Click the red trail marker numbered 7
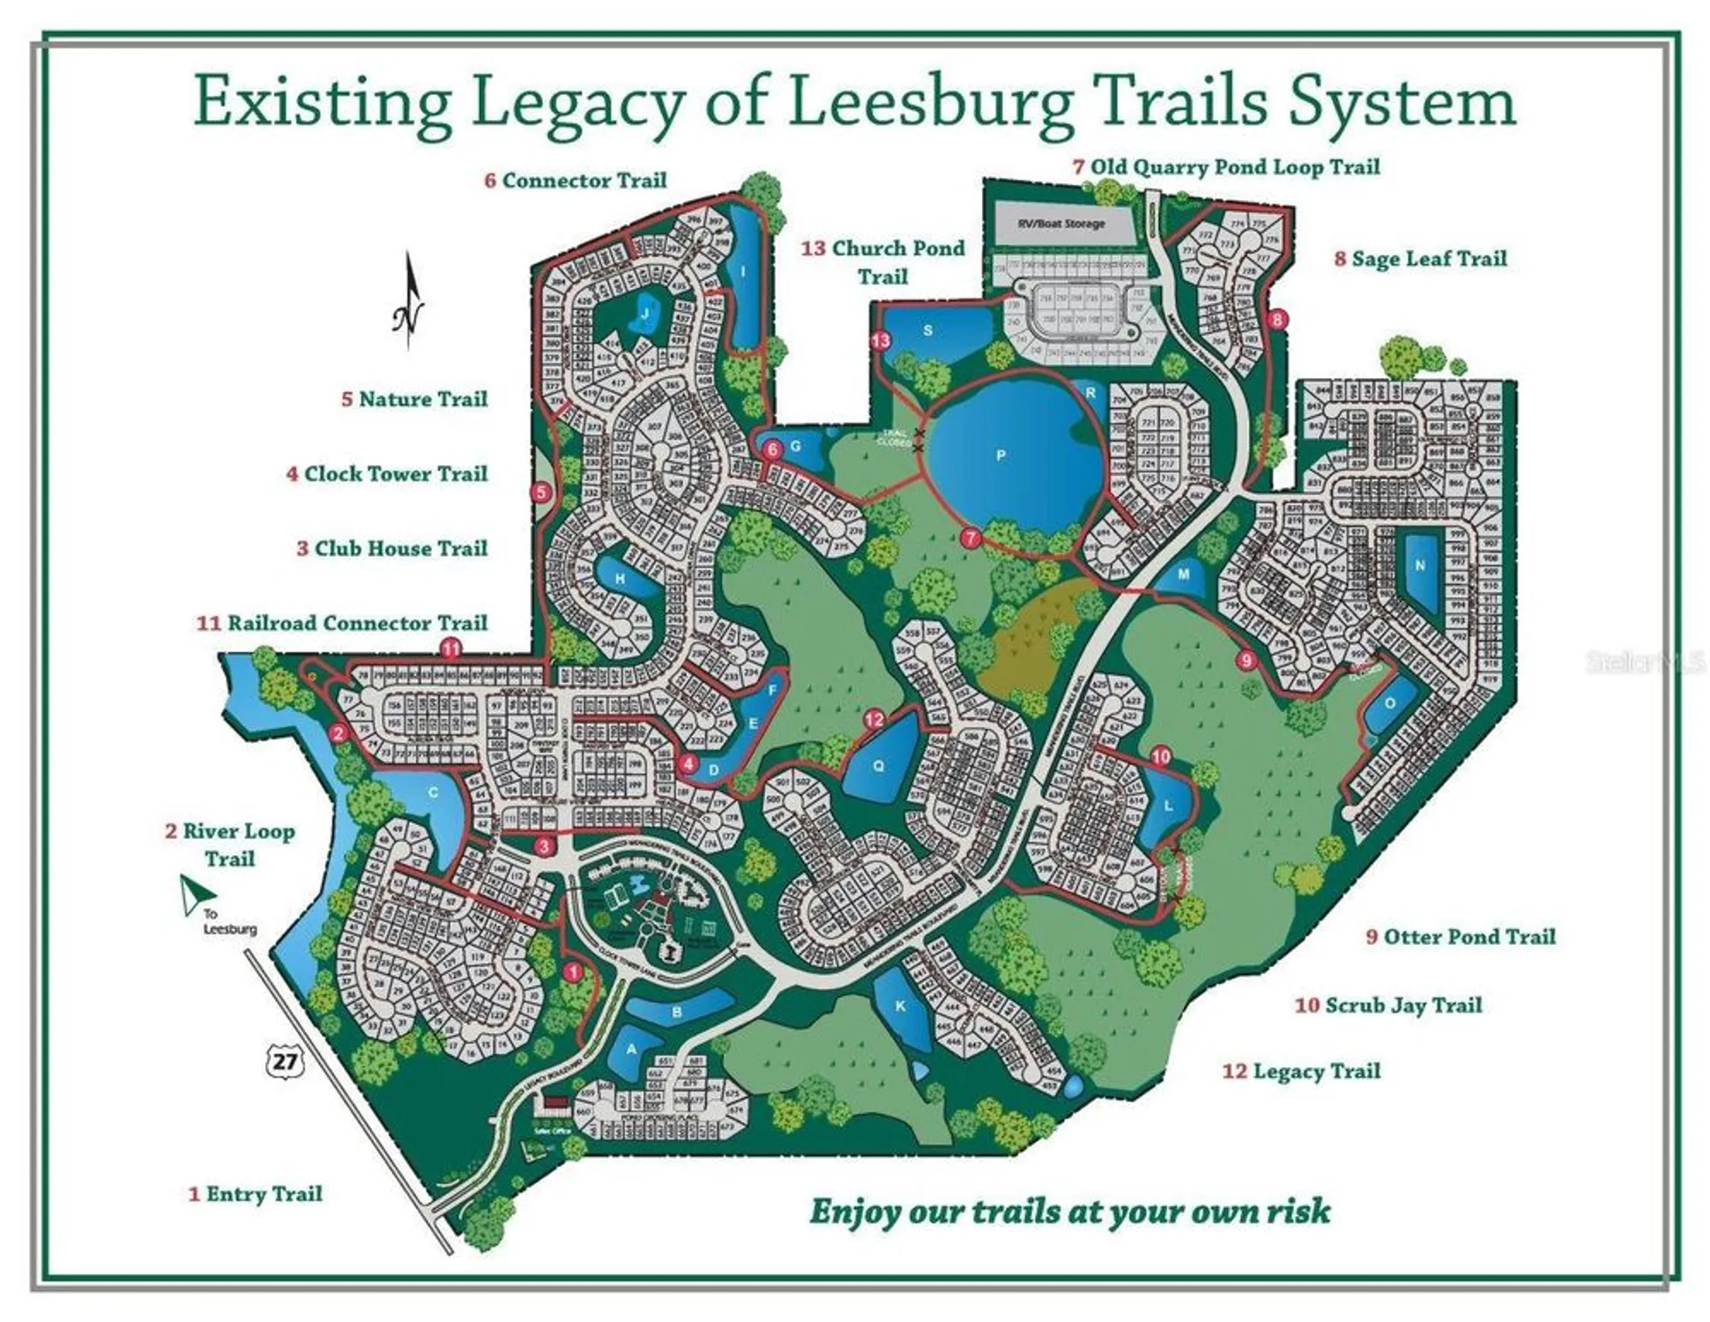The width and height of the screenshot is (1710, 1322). (970, 538)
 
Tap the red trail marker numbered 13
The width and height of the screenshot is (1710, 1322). (881, 341)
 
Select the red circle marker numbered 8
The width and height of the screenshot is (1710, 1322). (1277, 319)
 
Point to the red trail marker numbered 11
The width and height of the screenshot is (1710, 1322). (450, 650)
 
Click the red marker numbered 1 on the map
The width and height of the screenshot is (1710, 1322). (573, 972)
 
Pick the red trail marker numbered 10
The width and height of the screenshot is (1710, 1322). (1161, 755)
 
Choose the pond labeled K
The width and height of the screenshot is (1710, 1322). (901, 1007)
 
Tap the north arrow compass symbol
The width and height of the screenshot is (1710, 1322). (408, 304)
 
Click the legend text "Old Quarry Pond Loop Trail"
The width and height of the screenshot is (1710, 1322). (1234, 167)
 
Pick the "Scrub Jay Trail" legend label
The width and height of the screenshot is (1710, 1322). (1402, 1005)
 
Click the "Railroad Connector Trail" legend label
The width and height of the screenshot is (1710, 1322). (356, 623)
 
